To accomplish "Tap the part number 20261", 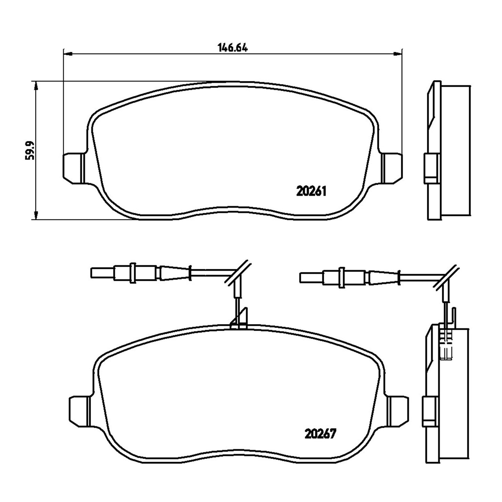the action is click(x=311, y=192).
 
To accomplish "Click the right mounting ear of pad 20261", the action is click(x=392, y=168).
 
